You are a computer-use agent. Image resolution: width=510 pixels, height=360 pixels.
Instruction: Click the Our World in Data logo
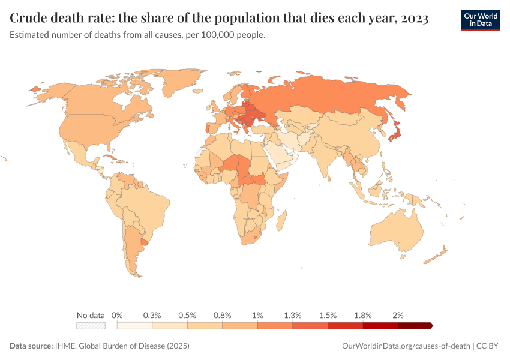[480, 20]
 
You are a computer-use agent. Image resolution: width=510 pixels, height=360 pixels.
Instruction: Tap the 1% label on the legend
[258, 315]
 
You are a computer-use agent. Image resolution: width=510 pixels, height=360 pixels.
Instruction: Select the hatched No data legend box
[91, 325]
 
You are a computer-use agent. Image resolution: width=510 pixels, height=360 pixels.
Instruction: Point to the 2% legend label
[398, 315]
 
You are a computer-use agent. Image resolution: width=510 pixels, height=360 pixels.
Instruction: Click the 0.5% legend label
[187, 315]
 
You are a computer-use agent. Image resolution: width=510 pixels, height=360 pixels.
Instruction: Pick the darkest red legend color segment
[415, 325]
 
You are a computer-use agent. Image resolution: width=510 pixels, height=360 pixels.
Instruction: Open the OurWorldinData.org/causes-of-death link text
[406, 346]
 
